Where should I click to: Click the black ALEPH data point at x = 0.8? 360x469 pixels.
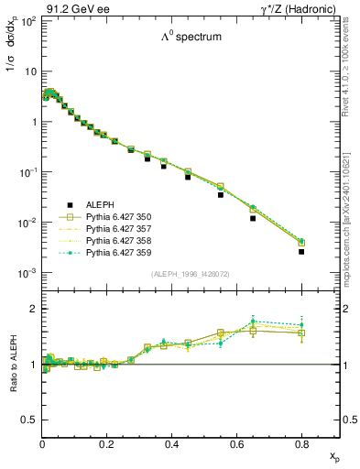pyautogui.click(x=301, y=251)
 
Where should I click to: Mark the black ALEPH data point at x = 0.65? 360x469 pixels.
pyautogui.click(x=253, y=218)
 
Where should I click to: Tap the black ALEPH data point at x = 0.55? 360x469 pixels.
pyautogui.click(x=221, y=194)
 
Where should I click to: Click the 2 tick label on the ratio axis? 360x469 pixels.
pyautogui.click(x=34, y=309)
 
